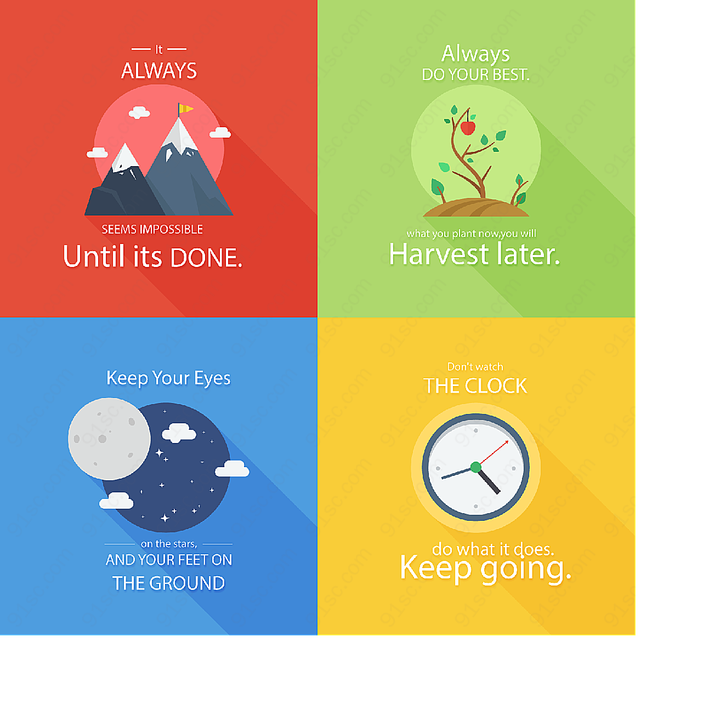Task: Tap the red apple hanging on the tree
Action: (468, 128)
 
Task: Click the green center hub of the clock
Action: (475, 467)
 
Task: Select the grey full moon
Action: (109, 439)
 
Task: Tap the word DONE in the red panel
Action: (206, 257)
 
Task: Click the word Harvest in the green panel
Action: (438, 254)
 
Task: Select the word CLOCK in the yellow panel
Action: (496, 386)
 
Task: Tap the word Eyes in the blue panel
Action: (212, 378)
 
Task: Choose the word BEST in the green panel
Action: (511, 75)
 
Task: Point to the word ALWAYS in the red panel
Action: (159, 70)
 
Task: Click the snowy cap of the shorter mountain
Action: (125, 158)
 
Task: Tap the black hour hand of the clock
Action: (488, 480)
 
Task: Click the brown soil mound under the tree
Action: (475, 207)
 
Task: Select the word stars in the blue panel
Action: (185, 544)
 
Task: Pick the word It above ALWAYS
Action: (159, 49)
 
